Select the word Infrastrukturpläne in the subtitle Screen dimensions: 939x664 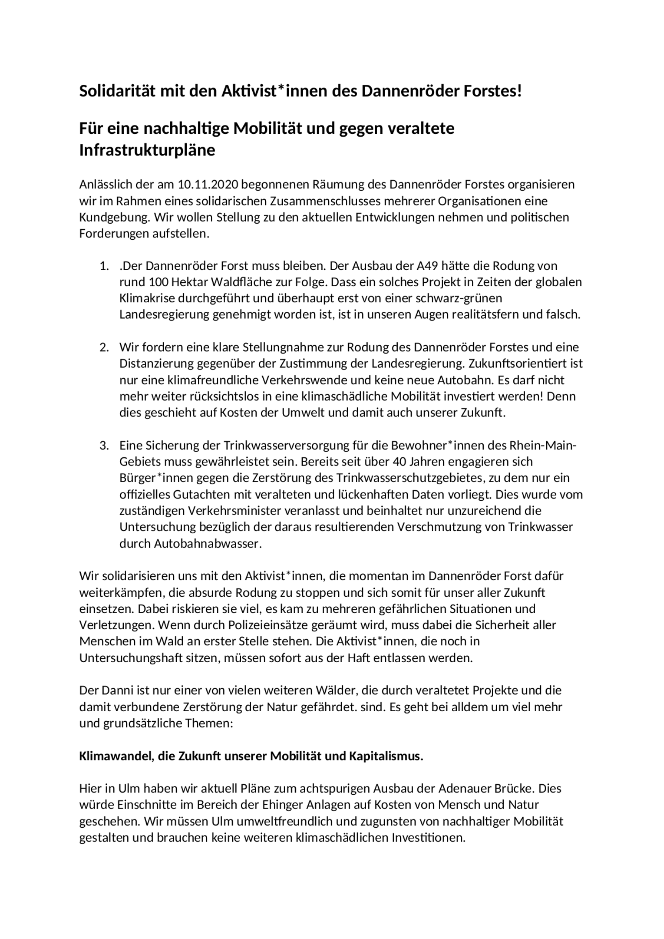(147, 151)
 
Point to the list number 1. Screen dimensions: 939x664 (104, 266)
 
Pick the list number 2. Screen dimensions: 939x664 (104, 348)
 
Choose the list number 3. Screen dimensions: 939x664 (104, 445)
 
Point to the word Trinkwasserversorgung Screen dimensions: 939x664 (286, 445)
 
